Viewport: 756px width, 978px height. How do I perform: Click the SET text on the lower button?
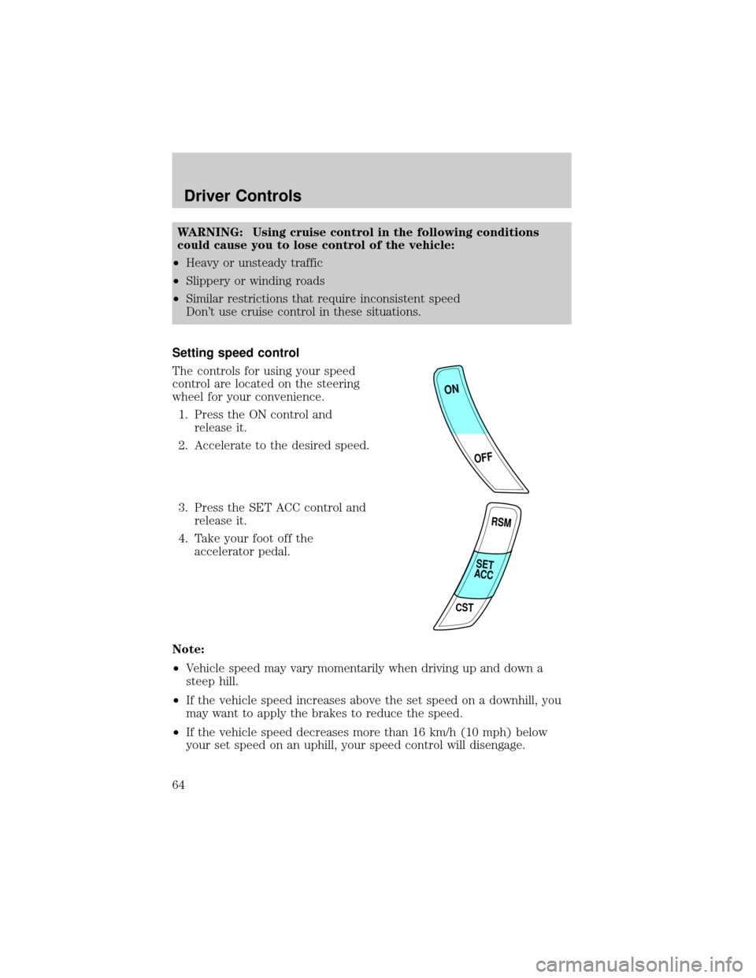(485, 565)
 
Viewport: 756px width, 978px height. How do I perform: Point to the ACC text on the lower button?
(484, 576)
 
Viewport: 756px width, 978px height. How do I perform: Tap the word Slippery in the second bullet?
(207, 281)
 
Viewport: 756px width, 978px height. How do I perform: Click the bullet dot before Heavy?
(178, 263)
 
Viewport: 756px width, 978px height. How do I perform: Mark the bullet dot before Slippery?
(178, 282)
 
